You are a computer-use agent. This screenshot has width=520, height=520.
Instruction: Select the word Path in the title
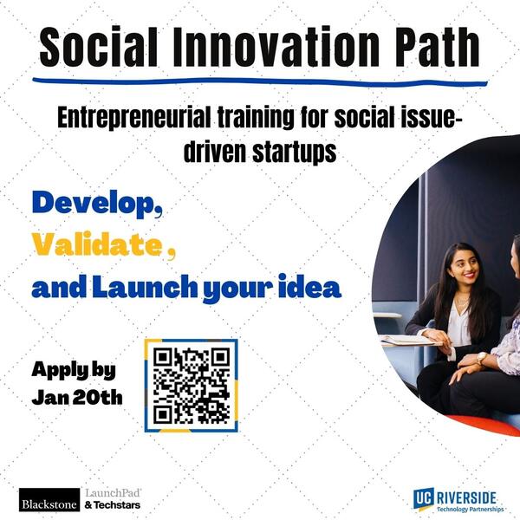(437, 47)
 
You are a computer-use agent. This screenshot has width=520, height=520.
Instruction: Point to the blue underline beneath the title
(260, 81)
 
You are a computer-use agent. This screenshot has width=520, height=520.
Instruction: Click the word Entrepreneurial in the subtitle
(134, 118)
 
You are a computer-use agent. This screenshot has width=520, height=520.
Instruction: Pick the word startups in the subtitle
(294, 153)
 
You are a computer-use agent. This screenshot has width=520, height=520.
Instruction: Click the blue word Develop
(97, 204)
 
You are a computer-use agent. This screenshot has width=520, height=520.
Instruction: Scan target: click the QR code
(192, 386)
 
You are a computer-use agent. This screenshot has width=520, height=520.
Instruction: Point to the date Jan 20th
(77, 397)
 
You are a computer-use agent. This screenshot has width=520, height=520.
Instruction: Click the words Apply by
(74, 370)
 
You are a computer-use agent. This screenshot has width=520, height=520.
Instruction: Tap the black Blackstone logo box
(49, 499)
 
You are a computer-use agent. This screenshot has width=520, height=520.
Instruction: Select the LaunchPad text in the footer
(113, 493)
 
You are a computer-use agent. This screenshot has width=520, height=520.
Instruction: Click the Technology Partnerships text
(470, 509)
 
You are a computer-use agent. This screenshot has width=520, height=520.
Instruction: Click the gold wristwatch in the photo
(481, 358)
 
